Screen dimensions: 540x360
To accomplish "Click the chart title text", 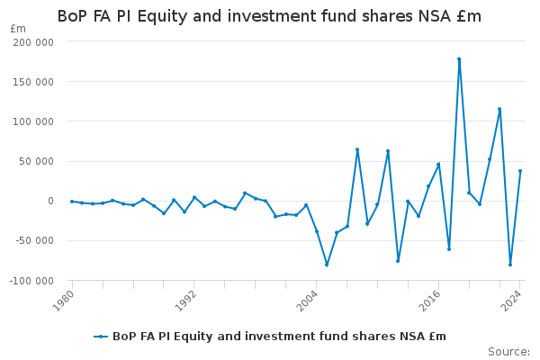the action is click(x=269, y=16).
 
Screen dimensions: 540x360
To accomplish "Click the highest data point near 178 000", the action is click(x=459, y=59).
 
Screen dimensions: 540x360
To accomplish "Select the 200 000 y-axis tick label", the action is click(x=33, y=42).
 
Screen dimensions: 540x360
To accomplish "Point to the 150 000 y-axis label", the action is click(x=33, y=82).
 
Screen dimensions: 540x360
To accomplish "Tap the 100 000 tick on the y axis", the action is click(x=33, y=121).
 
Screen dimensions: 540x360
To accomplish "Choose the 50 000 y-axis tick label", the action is click(x=37, y=161).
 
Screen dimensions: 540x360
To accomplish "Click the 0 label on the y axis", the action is click(x=51, y=201).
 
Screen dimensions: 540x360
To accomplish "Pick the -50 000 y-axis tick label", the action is click(x=35, y=240).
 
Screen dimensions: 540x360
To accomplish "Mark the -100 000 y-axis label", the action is click(x=31, y=281).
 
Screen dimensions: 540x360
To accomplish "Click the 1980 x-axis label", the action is click(x=63, y=301).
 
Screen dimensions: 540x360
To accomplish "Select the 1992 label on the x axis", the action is click(x=185, y=301).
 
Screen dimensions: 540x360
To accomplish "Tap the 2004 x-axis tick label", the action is click(x=307, y=301).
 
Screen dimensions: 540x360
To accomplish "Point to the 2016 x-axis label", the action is click(x=430, y=301).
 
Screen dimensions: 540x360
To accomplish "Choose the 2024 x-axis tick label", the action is click(x=511, y=301).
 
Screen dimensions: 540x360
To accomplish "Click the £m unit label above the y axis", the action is click(x=18, y=29).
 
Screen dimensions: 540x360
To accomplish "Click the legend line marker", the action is click(x=101, y=337).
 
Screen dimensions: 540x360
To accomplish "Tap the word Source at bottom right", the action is click(x=508, y=352).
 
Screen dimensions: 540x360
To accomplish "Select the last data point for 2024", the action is click(x=520, y=171).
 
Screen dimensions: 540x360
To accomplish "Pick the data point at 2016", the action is click(x=438, y=165).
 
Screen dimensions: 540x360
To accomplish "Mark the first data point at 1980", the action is click(x=72, y=202).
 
